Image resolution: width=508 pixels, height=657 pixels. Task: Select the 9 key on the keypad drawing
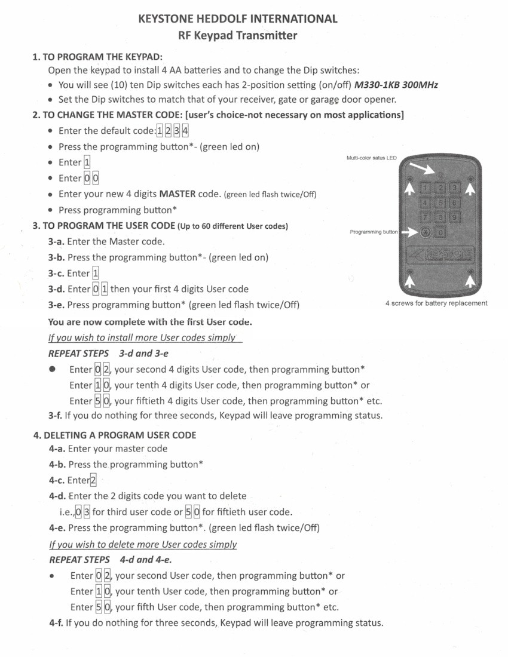454,217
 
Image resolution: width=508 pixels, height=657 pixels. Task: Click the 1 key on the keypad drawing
425,188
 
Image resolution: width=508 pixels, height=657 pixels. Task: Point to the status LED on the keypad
440,176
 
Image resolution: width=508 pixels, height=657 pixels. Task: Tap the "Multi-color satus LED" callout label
371,158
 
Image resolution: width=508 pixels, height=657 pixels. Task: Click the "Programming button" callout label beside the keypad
374,232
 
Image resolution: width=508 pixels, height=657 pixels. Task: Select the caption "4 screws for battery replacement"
436,303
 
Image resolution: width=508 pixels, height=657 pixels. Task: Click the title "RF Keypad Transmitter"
237,35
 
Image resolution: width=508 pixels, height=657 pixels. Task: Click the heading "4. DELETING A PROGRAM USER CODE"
115,435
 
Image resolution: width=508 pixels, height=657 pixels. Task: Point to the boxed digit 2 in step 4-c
93,480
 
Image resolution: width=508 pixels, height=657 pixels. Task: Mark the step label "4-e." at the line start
57,528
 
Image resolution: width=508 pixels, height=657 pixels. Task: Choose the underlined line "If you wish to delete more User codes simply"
143,544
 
